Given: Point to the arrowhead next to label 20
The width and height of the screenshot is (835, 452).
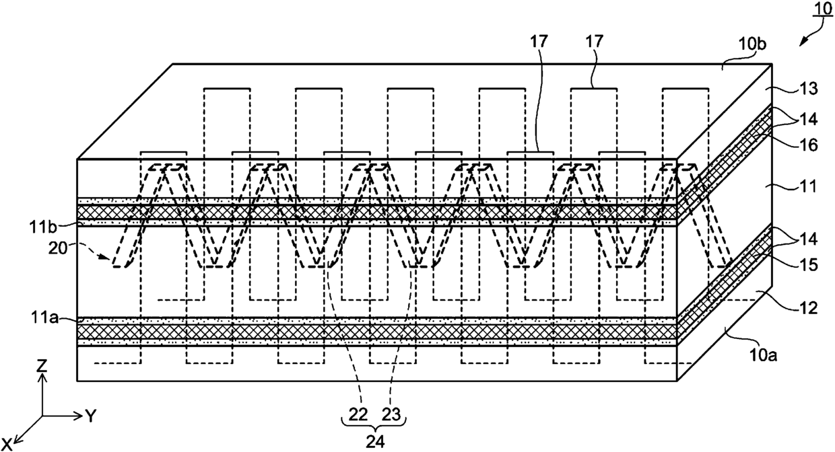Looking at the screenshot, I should click(106, 256).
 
